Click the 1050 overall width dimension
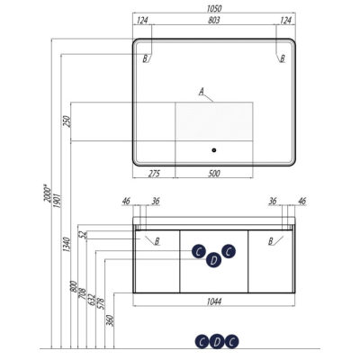click(214, 9)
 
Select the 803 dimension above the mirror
click(214, 20)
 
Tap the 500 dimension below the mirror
click(214, 174)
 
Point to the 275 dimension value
click(154, 174)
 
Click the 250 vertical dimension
click(67, 121)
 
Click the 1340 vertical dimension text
click(67, 245)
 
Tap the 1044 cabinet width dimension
click(214, 301)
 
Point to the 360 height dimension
click(110, 320)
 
